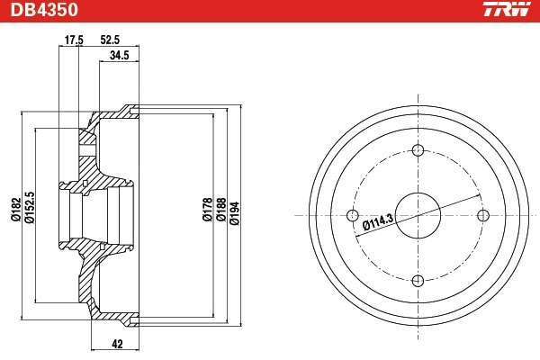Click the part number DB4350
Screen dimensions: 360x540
pyautogui.click(x=44, y=11)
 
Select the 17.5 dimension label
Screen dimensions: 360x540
pyautogui.click(x=75, y=40)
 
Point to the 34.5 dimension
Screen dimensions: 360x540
pyautogui.click(x=119, y=56)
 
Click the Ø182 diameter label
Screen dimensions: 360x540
pyautogui.click(x=14, y=210)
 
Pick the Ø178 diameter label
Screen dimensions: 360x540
pyautogui.click(x=206, y=210)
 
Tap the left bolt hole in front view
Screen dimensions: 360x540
pyautogui.click(x=352, y=214)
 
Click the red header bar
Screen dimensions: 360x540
pyautogui.click(x=270, y=11)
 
